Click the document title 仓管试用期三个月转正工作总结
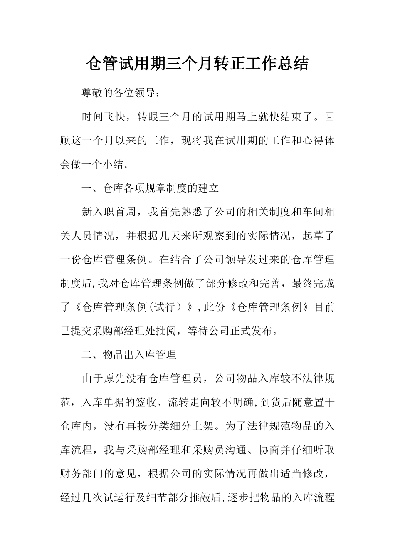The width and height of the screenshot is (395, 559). click(197, 64)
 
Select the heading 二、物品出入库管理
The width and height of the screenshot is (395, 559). click(129, 355)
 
